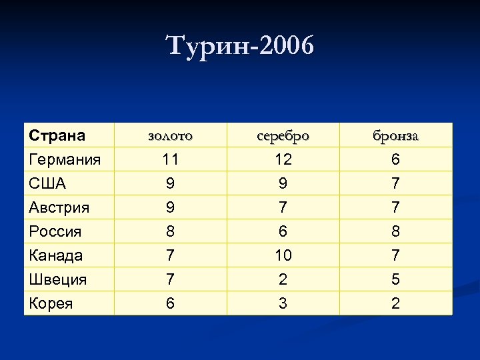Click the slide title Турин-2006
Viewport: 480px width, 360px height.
point(239,47)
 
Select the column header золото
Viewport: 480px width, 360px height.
point(170,135)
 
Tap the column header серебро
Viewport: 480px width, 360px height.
point(283,135)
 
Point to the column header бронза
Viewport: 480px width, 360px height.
point(396,135)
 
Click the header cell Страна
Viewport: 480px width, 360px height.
point(57,135)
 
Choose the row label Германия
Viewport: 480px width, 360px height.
point(65,159)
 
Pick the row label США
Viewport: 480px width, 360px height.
point(47,183)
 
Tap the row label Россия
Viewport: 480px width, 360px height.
point(55,231)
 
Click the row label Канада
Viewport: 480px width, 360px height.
point(56,255)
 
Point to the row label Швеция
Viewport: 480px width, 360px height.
point(58,279)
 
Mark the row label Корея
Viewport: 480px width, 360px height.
point(51,303)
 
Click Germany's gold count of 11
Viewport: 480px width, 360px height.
point(170,159)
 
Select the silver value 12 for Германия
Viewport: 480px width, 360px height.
point(283,159)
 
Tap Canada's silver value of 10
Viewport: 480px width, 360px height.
point(283,255)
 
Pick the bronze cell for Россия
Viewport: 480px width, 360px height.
point(396,231)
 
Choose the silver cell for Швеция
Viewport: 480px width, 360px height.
point(283,279)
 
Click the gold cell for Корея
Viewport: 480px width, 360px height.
point(170,303)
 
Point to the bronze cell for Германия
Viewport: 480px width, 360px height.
point(396,159)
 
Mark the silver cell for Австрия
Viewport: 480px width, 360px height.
point(283,207)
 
